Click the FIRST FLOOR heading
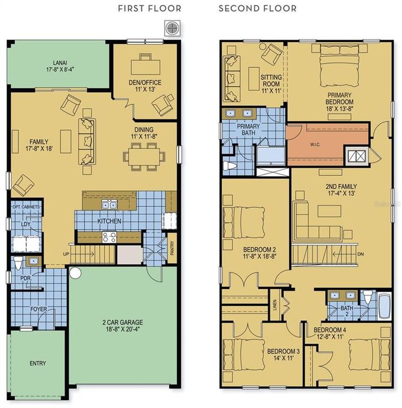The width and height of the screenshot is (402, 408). pos(149,8)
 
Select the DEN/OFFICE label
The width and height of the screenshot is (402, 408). pos(146,86)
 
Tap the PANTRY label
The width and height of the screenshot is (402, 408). pos(172,250)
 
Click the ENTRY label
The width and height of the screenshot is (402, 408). pos(37,363)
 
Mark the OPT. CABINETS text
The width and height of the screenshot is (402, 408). pos(26,207)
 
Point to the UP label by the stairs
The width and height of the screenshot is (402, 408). pos(67,253)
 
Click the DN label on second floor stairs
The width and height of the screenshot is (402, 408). pos(361,254)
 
